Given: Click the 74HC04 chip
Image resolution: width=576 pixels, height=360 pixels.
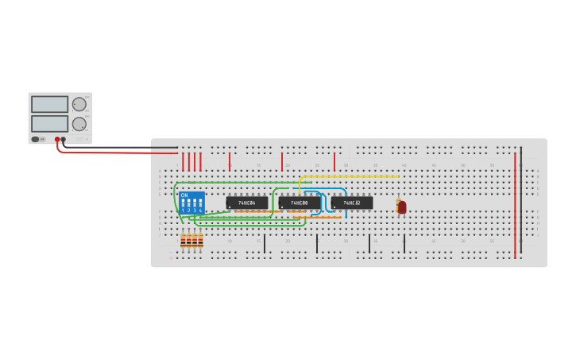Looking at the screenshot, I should click(247, 203).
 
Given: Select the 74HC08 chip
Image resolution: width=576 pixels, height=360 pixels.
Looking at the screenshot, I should click(300, 203).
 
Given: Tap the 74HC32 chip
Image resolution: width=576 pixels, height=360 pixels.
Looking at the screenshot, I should click(352, 203).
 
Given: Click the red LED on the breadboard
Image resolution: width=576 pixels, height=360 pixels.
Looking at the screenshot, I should click(402, 207).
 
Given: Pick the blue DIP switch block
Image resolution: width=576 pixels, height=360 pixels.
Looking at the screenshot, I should click(191, 203).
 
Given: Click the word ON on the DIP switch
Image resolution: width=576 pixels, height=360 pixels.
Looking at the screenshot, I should click(184, 195).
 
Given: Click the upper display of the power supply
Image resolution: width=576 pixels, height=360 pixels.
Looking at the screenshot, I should click(49, 104).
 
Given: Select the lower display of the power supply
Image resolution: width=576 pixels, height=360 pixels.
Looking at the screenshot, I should click(49, 123).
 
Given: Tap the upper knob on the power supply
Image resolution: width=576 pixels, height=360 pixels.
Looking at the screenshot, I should click(79, 104).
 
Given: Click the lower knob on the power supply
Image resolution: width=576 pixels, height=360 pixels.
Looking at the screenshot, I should click(79, 124).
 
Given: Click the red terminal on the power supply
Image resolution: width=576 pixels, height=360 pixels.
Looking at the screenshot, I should click(57, 140).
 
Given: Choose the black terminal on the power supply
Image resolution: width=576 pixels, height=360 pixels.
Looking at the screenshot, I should click(64, 140).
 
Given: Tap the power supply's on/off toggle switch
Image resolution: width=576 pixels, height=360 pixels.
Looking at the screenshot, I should click(36, 139).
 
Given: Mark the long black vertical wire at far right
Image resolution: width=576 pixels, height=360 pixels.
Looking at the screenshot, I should click(521, 199).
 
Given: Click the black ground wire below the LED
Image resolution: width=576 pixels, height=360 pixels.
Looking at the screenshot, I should click(404, 243).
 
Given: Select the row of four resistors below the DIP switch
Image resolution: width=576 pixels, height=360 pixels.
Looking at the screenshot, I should click(191, 240).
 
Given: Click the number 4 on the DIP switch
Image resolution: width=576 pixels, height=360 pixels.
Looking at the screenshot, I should click(200, 211).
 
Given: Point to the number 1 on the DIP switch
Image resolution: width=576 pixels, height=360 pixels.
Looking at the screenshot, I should click(184, 211).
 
